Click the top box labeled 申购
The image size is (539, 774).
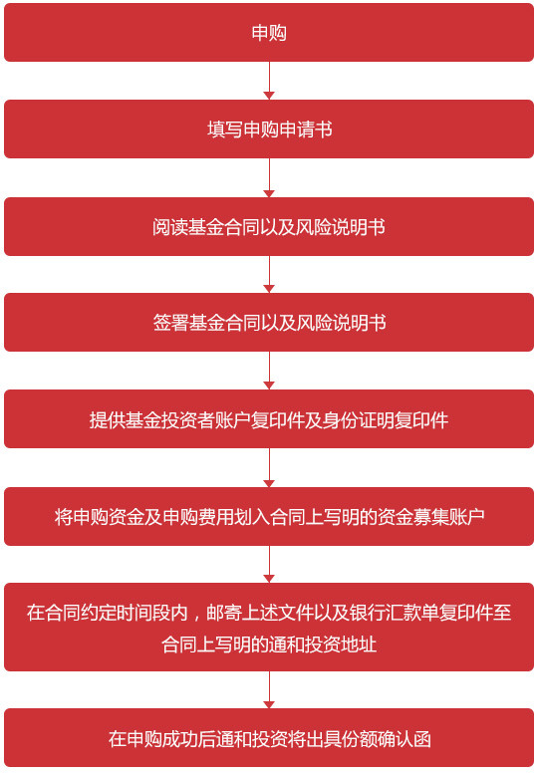269,33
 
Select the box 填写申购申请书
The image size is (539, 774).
269,129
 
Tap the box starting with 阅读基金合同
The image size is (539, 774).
269,226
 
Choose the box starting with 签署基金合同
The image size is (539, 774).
269,323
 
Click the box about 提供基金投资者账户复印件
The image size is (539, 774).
269,419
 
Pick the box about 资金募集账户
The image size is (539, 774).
269,516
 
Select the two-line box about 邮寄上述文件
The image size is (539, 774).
269,627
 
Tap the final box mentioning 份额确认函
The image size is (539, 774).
269,738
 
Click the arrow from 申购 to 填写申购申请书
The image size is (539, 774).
269,81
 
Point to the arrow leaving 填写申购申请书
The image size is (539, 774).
269,177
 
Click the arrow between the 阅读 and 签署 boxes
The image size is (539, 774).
269,275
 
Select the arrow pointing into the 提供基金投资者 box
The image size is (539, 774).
269,371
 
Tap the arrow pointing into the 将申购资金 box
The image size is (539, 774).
269,467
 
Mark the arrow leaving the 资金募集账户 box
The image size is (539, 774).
269,564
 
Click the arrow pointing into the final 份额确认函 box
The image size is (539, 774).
269,690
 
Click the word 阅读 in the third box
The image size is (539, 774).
169,227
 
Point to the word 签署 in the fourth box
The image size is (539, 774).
169,323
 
